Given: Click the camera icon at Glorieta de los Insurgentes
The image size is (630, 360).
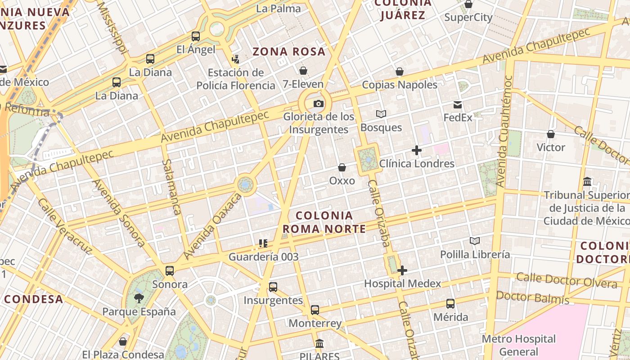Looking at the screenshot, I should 318,104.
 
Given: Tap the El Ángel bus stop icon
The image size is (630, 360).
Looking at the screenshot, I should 196,36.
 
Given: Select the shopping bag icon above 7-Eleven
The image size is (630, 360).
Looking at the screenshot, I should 303,71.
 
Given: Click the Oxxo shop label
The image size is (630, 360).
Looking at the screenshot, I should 342,180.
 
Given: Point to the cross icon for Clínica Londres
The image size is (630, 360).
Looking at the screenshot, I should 417,150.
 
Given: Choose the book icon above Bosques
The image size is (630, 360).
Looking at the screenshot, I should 381,114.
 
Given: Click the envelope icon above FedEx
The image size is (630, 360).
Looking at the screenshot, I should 458,105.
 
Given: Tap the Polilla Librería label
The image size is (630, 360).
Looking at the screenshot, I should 475,255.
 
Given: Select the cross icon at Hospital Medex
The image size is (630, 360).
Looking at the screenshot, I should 402,270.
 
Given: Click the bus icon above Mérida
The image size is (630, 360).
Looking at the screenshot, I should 450,304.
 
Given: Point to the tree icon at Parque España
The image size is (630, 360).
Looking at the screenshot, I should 139,298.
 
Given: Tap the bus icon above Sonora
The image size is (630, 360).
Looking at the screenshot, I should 170,271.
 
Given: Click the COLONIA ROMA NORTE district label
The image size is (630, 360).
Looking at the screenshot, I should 324,222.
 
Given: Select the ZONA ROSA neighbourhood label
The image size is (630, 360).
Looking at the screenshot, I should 289,51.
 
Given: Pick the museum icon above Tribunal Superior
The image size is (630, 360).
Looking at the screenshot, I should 587,182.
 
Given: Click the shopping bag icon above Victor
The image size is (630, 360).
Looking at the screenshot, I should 551,134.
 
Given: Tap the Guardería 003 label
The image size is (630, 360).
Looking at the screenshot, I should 264,257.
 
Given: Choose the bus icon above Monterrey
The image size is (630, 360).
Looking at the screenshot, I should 315,310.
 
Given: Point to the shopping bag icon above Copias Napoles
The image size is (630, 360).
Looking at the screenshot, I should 400,72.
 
